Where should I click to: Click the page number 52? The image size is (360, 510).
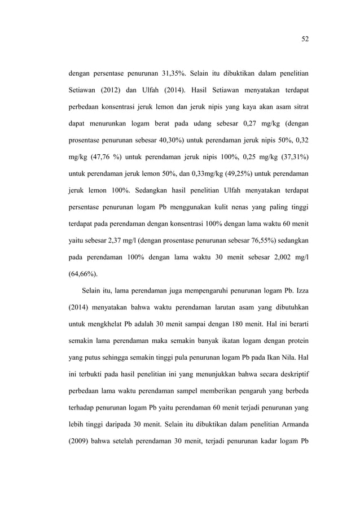305,39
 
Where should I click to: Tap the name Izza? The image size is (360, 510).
300,292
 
